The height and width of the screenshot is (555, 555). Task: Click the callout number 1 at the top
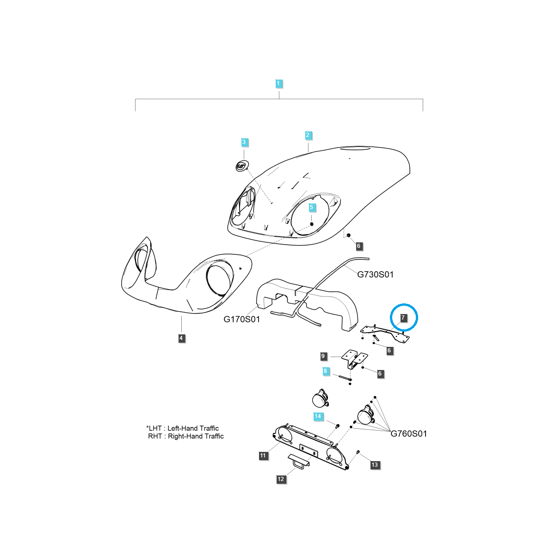click(x=278, y=84)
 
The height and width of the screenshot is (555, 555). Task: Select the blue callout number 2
click(x=308, y=135)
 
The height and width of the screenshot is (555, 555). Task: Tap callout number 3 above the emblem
click(x=244, y=142)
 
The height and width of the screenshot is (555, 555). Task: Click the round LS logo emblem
click(x=242, y=166)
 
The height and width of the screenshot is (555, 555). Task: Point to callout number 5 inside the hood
click(x=311, y=207)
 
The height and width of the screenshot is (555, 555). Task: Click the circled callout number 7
click(x=403, y=318)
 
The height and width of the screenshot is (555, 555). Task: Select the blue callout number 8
click(x=326, y=371)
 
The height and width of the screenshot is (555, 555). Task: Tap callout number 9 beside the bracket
click(x=323, y=356)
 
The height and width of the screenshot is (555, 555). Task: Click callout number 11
click(x=263, y=456)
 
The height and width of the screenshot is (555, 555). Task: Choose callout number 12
click(x=281, y=479)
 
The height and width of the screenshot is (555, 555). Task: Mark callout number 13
click(x=375, y=464)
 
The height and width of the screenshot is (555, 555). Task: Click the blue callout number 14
click(x=318, y=416)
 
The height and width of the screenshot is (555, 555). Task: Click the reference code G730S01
click(x=375, y=274)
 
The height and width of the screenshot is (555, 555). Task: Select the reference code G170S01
click(x=241, y=319)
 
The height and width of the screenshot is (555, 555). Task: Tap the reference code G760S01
click(x=409, y=433)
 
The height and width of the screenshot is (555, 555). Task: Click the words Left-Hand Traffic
click(x=193, y=428)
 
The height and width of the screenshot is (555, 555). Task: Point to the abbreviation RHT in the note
click(x=155, y=436)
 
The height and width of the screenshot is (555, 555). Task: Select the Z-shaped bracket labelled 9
click(x=355, y=359)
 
